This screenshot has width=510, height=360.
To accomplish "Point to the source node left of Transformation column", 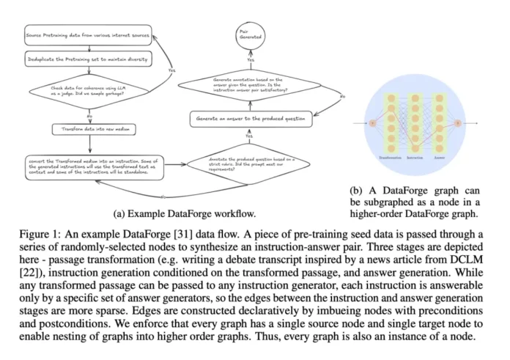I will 372,123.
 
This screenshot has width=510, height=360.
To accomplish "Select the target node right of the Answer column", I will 459,123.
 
